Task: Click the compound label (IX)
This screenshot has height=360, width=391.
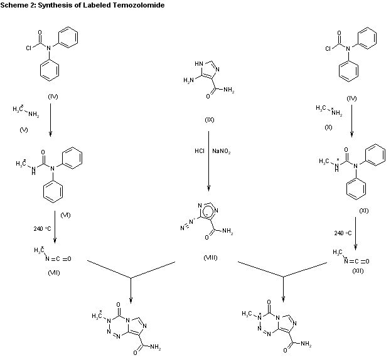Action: click(210, 119)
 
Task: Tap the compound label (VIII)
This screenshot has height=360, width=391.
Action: click(210, 258)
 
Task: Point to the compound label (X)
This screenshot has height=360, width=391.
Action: click(327, 127)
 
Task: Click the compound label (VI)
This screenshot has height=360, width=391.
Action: click(65, 214)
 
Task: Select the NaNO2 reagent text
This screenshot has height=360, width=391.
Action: click(221, 151)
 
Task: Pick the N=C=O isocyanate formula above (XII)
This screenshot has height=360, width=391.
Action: click(358, 260)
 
